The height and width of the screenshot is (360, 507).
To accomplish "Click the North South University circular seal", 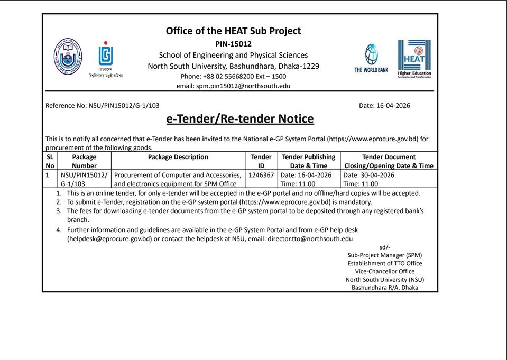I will [x=68, y=57].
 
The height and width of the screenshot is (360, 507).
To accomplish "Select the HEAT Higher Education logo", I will [x=414, y=58].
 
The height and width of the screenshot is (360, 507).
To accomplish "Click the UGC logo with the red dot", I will [x=106, y=54].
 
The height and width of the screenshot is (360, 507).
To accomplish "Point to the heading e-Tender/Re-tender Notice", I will [x=240, y=119].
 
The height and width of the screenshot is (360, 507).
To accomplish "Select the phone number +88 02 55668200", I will [x=228, y=76].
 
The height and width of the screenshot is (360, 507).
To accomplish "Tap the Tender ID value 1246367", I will [x=261, y=175].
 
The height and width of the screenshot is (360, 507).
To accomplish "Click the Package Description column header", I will [x=178, y=157].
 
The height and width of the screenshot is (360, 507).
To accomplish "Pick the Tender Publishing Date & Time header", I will [x=309, y=161].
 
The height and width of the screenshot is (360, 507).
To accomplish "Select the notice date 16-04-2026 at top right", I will [x=393, y=106].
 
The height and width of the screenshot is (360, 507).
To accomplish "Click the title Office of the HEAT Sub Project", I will [x=233, y=31].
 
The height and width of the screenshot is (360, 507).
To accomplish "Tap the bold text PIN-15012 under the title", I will [x=233, y=44].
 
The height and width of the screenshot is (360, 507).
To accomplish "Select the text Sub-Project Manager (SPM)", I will [x=384, y=255].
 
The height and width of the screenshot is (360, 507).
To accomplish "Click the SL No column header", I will [x=50, y=161].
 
